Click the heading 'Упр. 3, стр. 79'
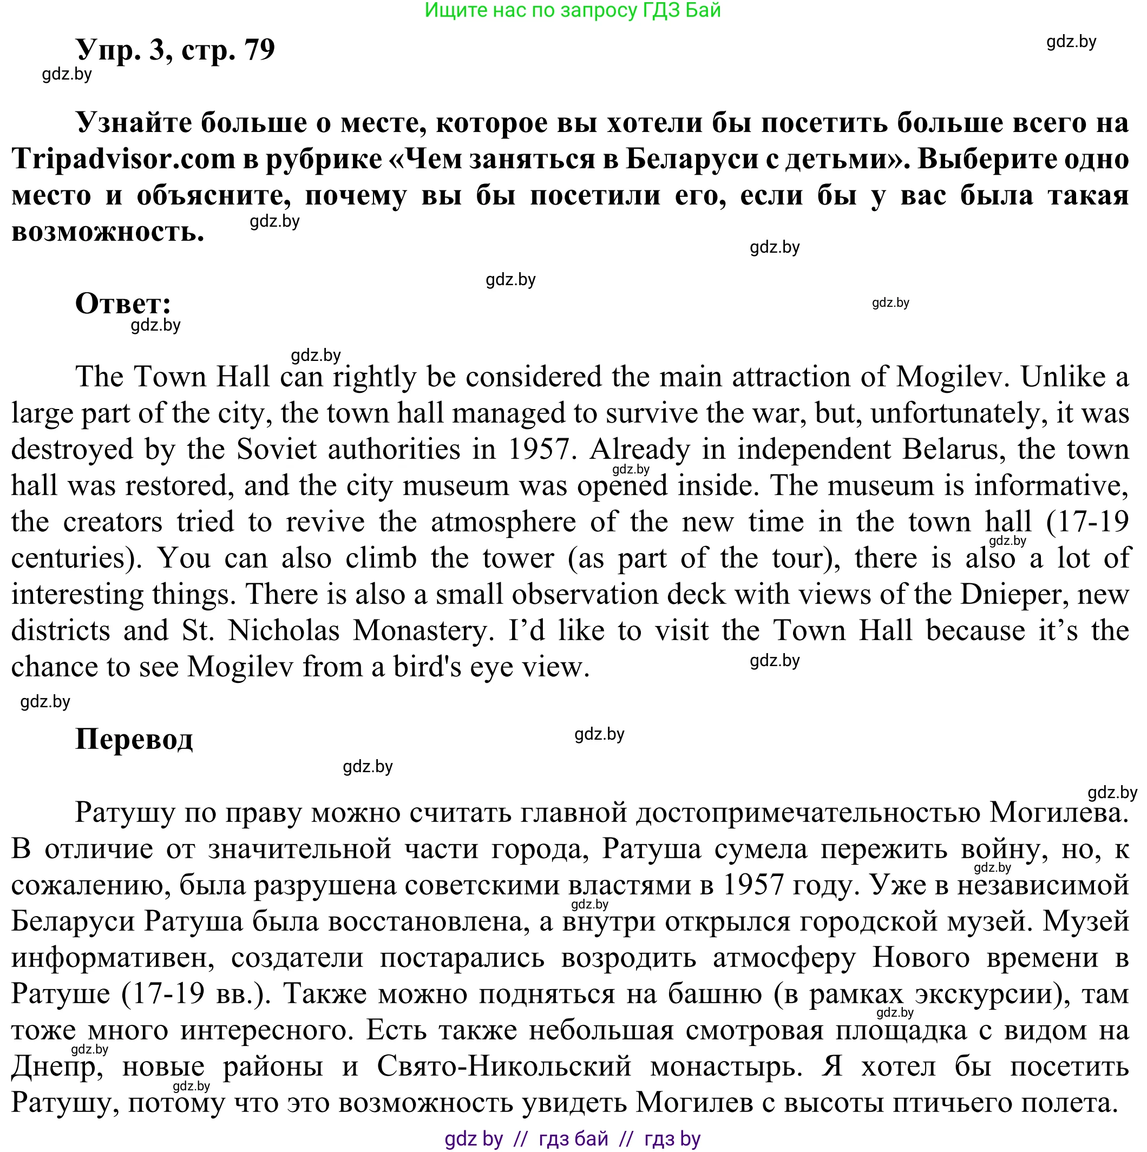click(175, 49)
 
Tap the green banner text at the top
click(573, 10)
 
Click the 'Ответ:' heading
click(123, 303)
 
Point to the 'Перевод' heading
click(134, 738)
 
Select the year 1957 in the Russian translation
click(753, 884)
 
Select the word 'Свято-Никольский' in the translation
click(504, 1066)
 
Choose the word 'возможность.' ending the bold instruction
click(107, 232)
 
